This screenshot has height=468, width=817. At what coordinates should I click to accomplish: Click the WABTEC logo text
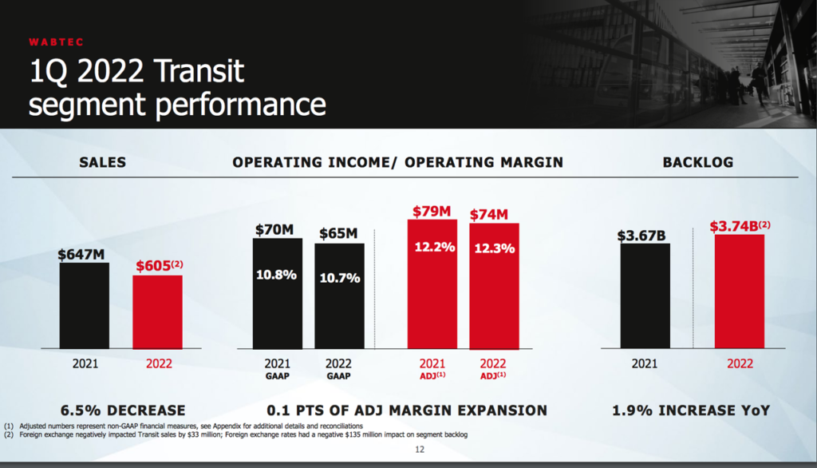(57, 42)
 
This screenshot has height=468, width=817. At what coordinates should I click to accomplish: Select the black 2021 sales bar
(85, 306)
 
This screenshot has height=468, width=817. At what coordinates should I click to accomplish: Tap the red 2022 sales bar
(157, 312)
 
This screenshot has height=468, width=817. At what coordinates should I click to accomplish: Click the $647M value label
(81, 255)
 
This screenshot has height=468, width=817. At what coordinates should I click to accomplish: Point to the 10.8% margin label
(276, 275)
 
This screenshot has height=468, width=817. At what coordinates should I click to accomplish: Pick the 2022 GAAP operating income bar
(339, 295)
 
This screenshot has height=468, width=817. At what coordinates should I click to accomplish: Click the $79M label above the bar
(432, 212)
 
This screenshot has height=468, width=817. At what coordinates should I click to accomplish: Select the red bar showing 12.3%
(494, 287)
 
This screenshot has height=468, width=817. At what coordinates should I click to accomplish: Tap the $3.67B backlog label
(641, 236)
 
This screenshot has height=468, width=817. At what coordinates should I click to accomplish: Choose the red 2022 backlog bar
(740, 292)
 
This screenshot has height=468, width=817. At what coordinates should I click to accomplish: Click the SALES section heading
(103, 162)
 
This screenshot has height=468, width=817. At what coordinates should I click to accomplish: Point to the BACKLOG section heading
(698, 162)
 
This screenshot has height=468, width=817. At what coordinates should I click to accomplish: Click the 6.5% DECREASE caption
(123, 410)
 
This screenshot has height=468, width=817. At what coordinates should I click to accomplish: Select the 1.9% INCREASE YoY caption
(691, 410)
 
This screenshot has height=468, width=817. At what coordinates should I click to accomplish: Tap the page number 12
(420, 449)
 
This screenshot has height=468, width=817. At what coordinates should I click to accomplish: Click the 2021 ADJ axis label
(432, 368)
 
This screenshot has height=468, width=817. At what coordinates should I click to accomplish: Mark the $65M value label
(338, 233)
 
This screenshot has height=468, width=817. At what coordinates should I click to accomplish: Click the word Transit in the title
(199, 71)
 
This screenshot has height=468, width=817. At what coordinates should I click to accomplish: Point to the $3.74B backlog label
(740, 226)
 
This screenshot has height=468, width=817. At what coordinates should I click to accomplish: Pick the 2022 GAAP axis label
(338, 368)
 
